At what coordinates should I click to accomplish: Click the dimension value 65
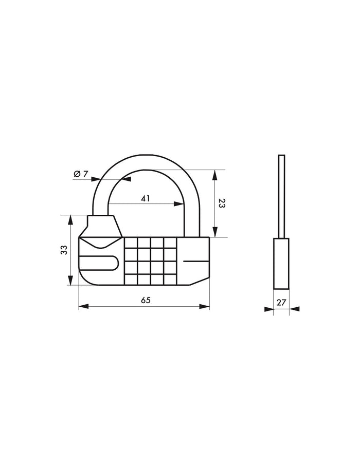click(146, 301)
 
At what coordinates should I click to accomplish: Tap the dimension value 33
click(64, 250)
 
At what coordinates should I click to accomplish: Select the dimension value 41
click(146, 198)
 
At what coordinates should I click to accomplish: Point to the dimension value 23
click(222, 203)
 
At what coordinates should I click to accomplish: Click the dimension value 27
click(281, 302)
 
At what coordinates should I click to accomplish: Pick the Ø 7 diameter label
click(81, 174)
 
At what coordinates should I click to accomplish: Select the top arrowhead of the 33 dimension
click(69, 218)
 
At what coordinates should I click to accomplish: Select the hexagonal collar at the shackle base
click(102, 227)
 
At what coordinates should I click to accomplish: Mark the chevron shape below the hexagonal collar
click(101, 243)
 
